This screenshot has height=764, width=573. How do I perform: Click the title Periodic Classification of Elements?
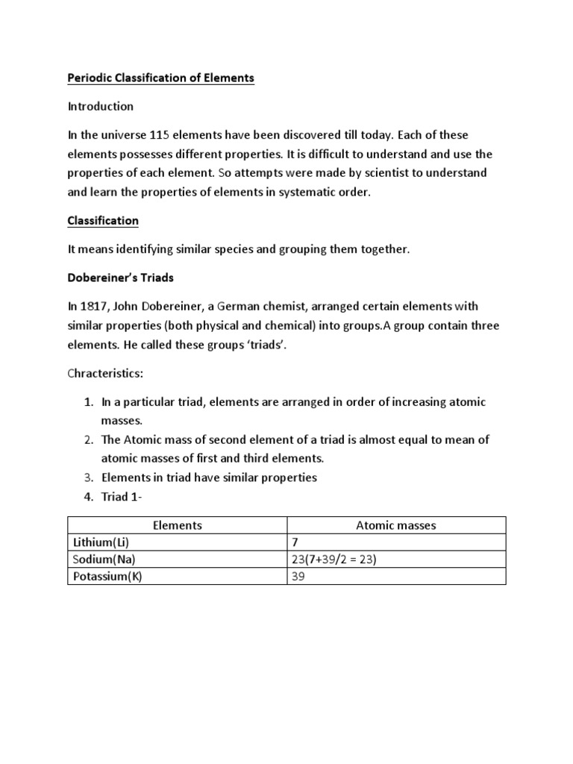click(x=161, y=78)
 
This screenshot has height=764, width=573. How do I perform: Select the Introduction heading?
click(x=101, y=106)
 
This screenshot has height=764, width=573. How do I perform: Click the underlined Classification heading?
click(x=103, y=221)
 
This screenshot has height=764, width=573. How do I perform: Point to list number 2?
click(x=87, y=440)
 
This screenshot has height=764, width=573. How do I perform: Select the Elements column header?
click(x=178, y=525)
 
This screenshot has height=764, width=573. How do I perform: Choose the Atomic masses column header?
click(x=396, y=525)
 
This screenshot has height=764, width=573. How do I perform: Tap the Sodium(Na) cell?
click(x=104, y=560)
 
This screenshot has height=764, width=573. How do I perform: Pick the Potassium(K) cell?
click(x=107, y=577)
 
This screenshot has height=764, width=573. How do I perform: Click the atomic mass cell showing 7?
click(x=295, y=542)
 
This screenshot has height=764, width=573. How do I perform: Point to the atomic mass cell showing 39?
click(x=298, y=577)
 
